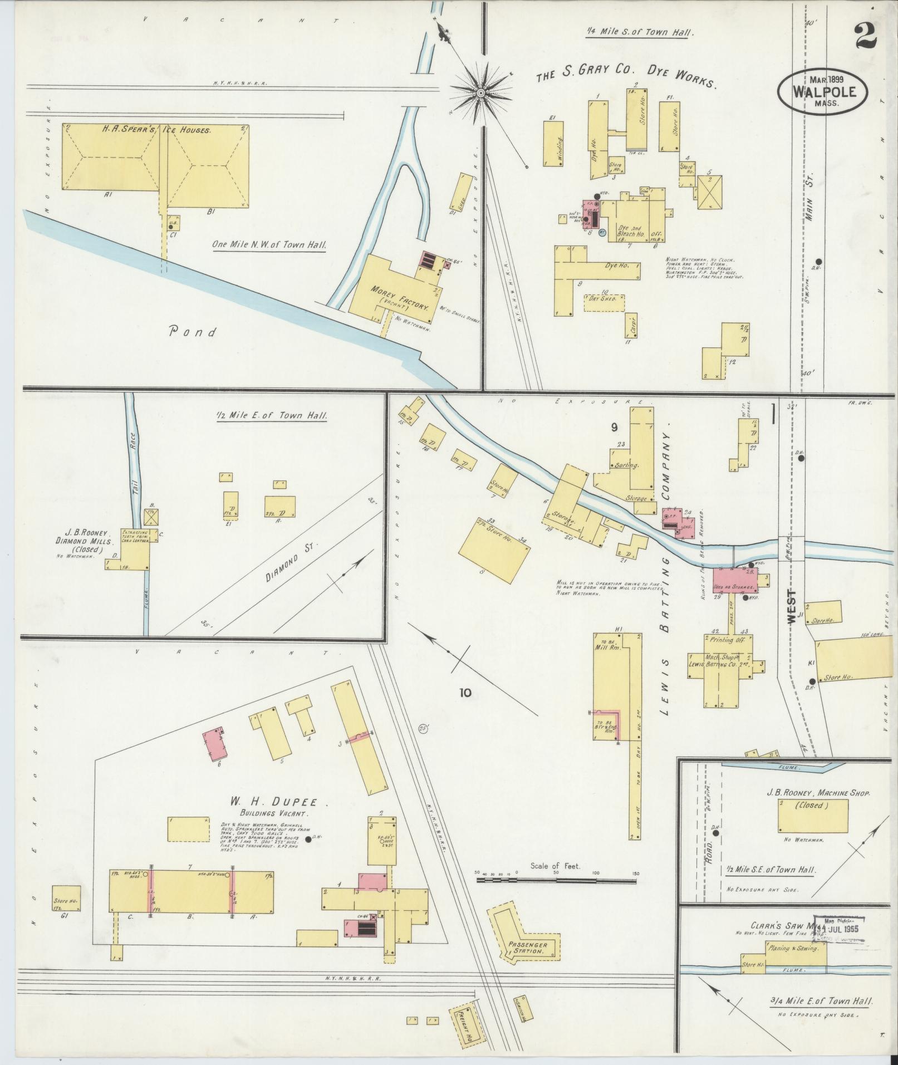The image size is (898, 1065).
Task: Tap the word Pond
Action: click(x=193, y=332)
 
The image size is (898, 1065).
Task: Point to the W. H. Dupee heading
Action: click(x=272, y=802)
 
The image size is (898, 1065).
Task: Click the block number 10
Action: click(x=465, y=693)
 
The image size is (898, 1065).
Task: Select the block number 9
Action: click(x=614, y=427)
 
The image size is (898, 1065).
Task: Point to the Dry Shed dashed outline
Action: click(x=603, y=302)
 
